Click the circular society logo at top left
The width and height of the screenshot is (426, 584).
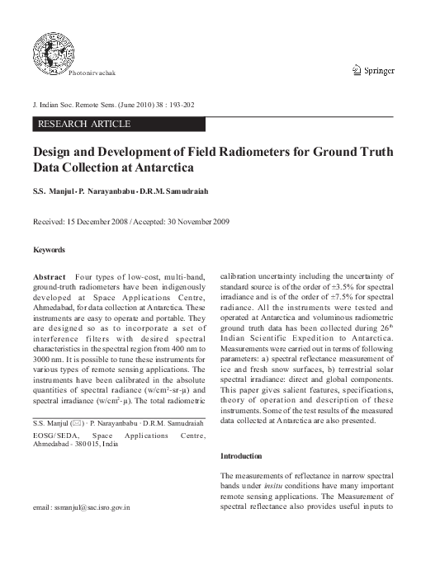(x=52, y=47)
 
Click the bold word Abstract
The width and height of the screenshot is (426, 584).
(x=49, y=276)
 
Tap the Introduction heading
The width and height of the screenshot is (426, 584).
(x=241, y=456)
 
